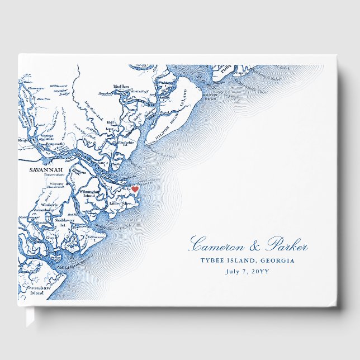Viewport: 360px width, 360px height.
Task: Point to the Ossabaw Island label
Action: pyautogui.click(x=37, y=290)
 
